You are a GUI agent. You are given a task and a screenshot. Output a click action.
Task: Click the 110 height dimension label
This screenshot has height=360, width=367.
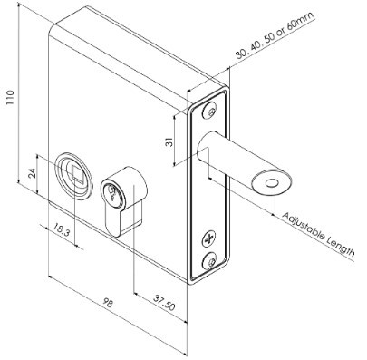tap(11, 97)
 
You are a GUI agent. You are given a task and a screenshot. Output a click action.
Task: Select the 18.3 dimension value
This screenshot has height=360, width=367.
tap(62, 230)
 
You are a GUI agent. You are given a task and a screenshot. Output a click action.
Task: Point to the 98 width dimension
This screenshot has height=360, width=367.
tap(108, 302)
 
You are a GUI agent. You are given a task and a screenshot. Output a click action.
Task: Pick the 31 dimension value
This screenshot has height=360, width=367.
tap(169, 141)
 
